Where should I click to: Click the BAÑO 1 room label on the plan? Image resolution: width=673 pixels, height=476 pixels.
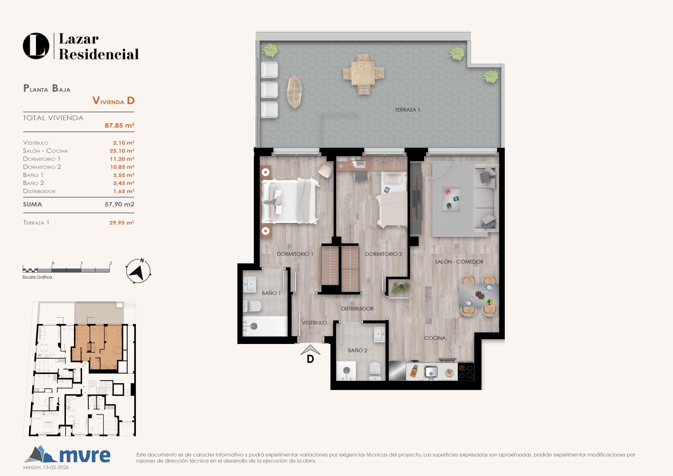click(x=271, y=293)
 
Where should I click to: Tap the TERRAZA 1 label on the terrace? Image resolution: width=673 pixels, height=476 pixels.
click(x=407, y=110)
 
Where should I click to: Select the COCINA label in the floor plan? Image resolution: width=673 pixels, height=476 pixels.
click(x=435, y=338)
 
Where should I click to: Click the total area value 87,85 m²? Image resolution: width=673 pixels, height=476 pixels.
click(x=120, y=126)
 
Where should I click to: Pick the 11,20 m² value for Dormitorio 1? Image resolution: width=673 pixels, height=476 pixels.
click(x=122, y=159)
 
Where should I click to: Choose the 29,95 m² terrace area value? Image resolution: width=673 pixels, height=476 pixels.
click(x=122, y=223)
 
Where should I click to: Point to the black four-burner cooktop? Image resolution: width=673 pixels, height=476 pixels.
click(x=466, y=372)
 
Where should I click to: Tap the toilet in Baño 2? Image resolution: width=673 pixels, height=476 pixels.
click(x=375, y=371)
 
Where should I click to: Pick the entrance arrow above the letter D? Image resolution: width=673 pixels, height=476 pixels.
click(x=310, y=350)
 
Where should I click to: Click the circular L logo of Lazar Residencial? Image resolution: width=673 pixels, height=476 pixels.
click(x=36, y=46)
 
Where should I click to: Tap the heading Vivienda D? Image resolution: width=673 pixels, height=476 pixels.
click(x=113, y=101)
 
